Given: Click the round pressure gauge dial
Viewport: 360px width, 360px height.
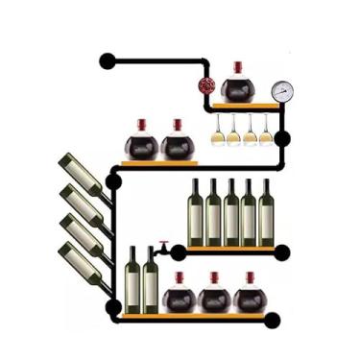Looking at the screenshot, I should click(281, 91).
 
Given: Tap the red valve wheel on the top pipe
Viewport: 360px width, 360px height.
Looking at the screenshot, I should click(206, 85).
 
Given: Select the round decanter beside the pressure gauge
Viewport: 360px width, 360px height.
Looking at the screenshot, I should click(237, 89).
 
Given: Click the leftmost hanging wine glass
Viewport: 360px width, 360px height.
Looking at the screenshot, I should click(218, 132).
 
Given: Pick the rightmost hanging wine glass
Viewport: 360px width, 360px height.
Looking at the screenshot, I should click(266, 132).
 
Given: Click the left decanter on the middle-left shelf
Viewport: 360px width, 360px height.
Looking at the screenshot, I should click(141, 145).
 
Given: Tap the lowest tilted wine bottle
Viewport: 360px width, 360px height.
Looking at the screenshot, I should click(82, 263).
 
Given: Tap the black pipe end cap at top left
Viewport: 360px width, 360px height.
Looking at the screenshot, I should click(107, 61).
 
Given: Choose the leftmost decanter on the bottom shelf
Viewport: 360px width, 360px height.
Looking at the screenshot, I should click(179, 297).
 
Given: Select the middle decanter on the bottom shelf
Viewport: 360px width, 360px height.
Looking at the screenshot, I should click(214, 297).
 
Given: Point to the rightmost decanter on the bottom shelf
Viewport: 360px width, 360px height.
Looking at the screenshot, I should click(250, 297).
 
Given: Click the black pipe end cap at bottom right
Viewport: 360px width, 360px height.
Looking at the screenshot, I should click(273, 321).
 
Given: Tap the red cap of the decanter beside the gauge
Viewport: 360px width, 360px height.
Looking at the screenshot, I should click(237, 67).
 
